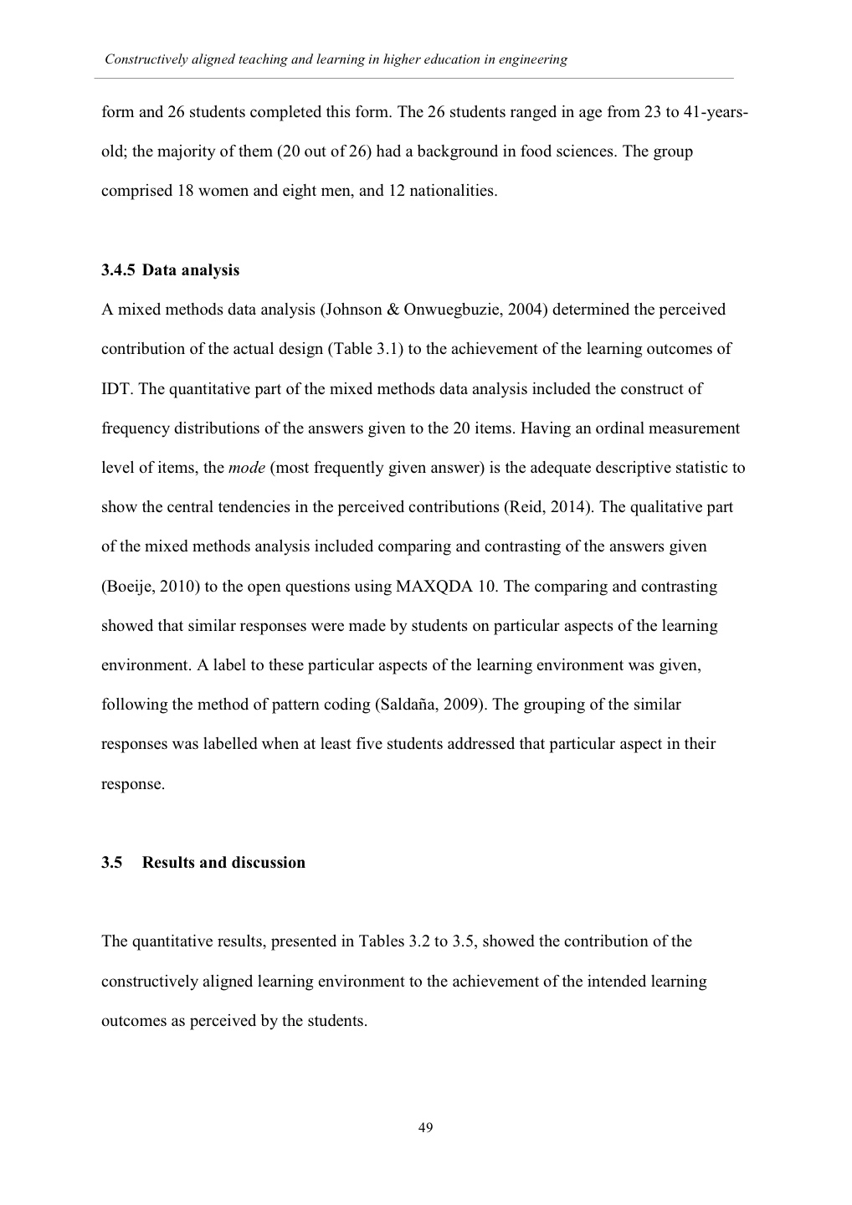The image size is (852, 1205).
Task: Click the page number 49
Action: pos(425,1127)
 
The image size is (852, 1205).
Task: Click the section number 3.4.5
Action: pos(118,270)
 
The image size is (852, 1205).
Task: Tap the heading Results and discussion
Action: pos(223,863)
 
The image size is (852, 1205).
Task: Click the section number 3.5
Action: pos(112,863)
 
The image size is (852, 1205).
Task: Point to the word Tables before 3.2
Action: pos(382,941)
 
